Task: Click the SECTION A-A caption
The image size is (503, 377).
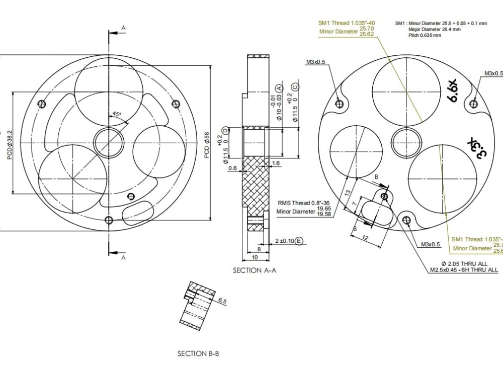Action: pyautogui.click(x=255, y=270)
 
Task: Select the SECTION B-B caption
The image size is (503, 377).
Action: pyautogui.click(x=198, y=354)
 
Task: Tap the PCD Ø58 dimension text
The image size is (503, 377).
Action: pyautogui.click(x=207, y=145)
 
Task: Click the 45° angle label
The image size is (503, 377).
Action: pyautogui.click(x=117, y=114)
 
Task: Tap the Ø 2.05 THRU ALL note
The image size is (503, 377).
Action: pyautogui.click(x=464, y=263)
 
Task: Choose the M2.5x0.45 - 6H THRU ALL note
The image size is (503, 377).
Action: pyautogui.click(x=464, y=270)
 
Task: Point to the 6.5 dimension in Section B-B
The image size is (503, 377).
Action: pyautogui.click(x=222, y=301)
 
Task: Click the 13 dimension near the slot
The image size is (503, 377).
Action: pyautogui.click(x=348, y=194)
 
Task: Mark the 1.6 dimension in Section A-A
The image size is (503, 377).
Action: pyautogui.click(x=276, y=163)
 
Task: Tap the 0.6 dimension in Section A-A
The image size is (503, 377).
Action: pyautogui.click(x=232, y=168)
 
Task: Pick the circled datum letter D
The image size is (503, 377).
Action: pyautogui.click(x=225, y=131)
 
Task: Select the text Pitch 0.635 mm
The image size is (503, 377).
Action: pyautogui.click(x=425, y=36)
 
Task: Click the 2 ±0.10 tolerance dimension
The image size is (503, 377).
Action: pyautogui.click(x=285, y=241)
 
